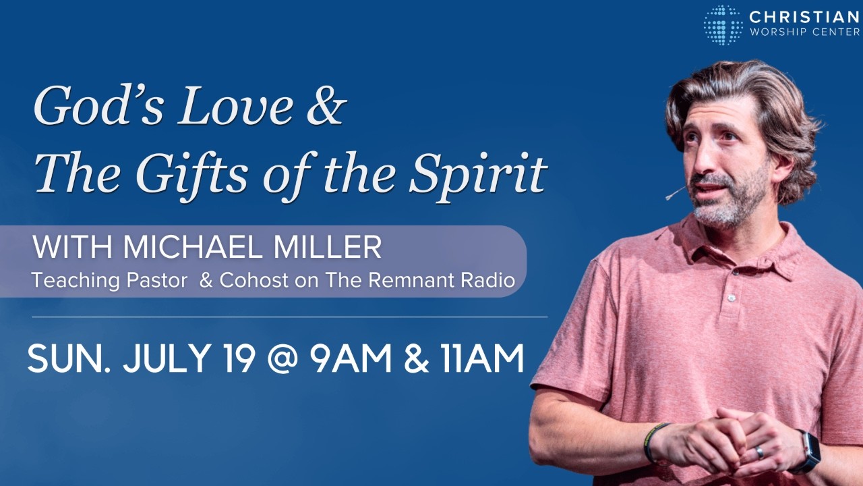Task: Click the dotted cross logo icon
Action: pyautogui.click(x=723, y=25)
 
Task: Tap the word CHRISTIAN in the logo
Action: pyautogui.click(x=804, y=17)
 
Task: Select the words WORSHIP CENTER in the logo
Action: pyautogui.click(x=804, y=32)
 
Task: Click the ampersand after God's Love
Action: pyautogui.click(x=325, y=105)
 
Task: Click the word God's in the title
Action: pyautogui.click(x=98, y=105)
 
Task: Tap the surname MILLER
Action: pyautogui.click(x=328, y=247)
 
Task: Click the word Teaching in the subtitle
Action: pyautogui.click(x=76, y=280)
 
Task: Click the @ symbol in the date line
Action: pyautogui.click(x=282, y=360)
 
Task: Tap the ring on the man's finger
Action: pyautogui.click(x=759, y=452)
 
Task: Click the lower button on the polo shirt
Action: pyautogui.click(x=731, y=298)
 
